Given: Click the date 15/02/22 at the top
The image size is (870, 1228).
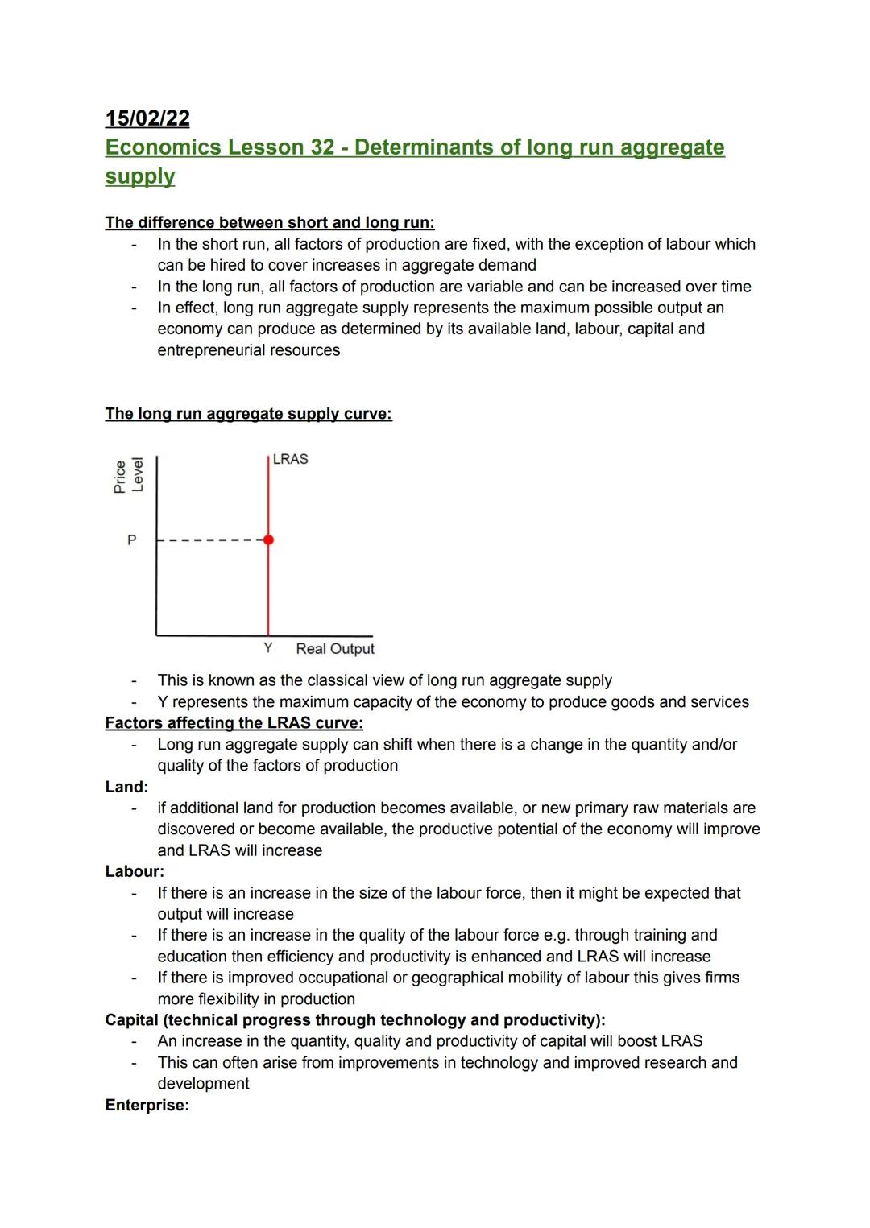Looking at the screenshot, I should coord(147,118).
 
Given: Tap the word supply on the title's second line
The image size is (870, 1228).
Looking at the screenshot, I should coord(139,176).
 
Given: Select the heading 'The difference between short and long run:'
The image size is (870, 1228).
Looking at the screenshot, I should coord(269,222).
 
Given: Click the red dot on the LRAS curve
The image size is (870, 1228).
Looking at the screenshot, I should coord(268,540).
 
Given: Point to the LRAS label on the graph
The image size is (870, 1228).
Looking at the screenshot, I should coord(290,459).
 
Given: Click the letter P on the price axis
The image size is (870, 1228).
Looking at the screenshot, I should coord(131,540).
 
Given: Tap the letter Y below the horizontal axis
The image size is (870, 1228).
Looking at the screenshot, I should coord(268,648).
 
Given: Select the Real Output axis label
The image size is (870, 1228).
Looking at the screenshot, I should coord(335,649).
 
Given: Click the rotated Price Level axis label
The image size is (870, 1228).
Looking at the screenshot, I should coord(129,476).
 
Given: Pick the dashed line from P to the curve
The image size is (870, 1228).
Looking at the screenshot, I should coord(211,540).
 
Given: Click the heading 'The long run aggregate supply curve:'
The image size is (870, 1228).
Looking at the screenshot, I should coord(248,414).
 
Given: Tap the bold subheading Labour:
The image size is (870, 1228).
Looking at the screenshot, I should coord(135,871).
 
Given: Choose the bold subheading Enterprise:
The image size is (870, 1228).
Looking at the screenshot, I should coord(147,1105).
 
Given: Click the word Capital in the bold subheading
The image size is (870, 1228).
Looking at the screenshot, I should coord(132,1020).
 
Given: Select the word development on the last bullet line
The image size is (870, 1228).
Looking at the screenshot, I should coord(203,1084).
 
